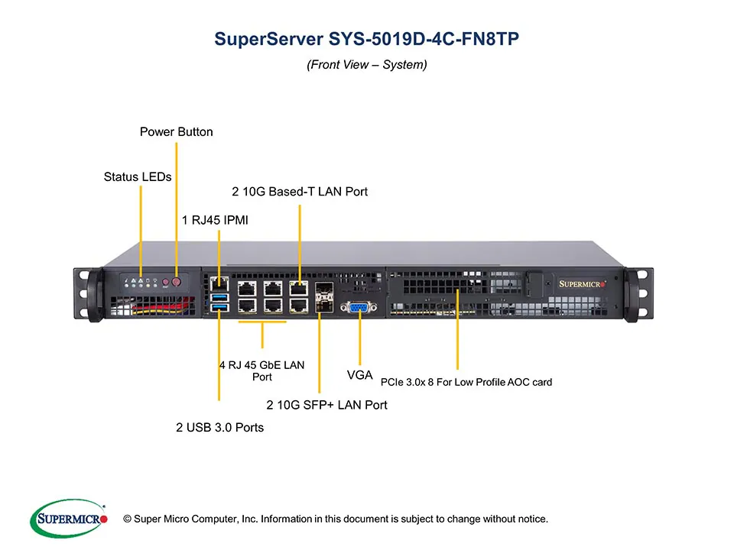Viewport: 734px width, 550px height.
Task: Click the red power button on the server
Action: tap(177, 282)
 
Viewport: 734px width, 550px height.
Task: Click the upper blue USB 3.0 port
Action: tap(219, 296)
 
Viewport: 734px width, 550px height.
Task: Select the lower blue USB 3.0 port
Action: tap(219, 307)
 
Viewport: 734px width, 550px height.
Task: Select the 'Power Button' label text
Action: tap(176, 132)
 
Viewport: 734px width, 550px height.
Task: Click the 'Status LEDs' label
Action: tap(138, 177)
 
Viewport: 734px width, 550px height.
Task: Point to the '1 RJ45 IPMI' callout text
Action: tap(215, 221)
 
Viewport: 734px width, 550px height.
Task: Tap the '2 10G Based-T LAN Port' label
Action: tap(300, 192)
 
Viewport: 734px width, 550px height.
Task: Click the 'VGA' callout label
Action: tap(359, 375)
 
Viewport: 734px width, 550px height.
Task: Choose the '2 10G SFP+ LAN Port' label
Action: tap(326, 405)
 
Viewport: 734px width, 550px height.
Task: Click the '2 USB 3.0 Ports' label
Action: tap(219, 428)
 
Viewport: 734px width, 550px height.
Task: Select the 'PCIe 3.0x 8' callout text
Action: tap(466, 382)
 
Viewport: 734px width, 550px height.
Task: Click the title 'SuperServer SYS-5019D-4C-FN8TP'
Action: tap(366, 39)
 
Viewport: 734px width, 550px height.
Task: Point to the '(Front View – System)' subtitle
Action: tap(366, 65)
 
